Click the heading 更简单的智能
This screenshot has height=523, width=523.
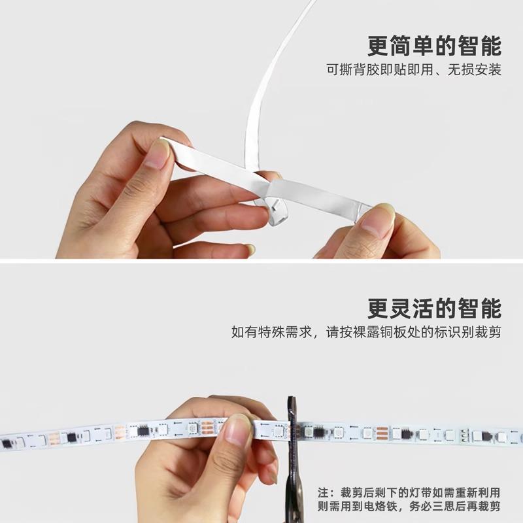point(434,46)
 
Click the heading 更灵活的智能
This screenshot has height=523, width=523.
point(434,307)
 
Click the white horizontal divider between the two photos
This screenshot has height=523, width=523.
point(261,261)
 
